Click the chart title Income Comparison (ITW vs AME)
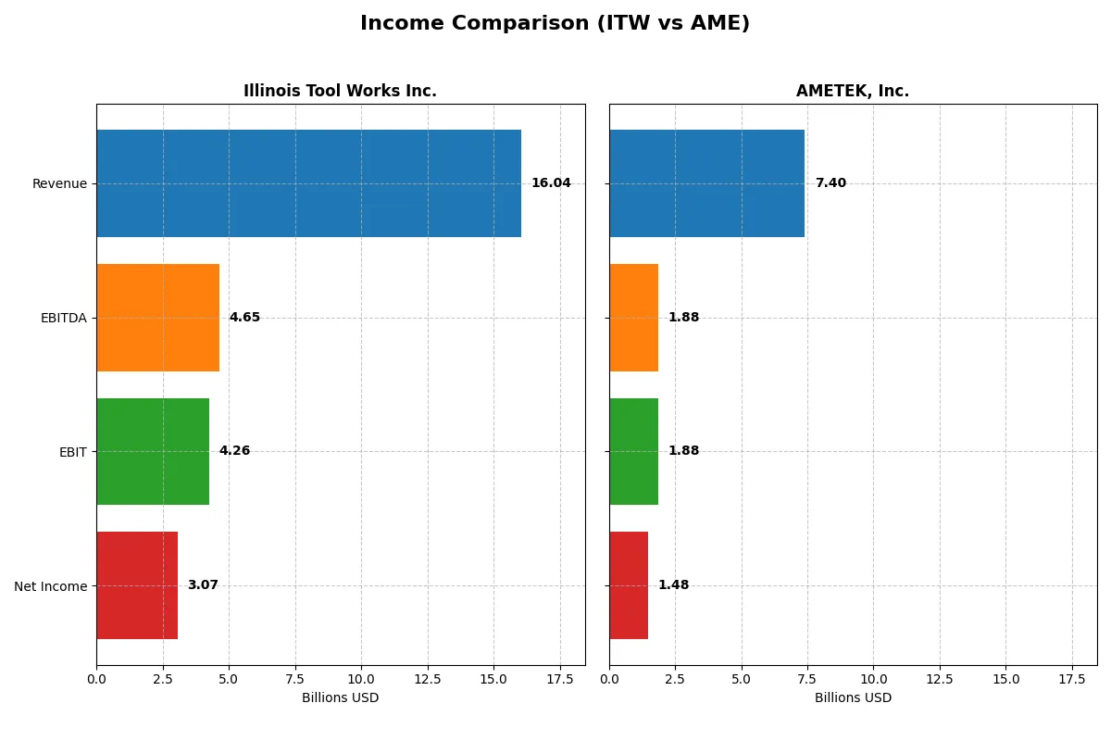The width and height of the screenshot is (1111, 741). pyautogui.click(x=555, y=23)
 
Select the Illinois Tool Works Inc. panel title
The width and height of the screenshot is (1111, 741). pyautogui.click(x=340, y=91)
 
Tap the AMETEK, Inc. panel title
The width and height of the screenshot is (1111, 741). pyautogui.click(x=852, y=91)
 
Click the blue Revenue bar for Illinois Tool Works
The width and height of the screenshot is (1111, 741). pyautogui.click(x=308, y=183)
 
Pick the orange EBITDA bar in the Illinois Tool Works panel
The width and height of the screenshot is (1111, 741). pyautogui.click(x=157, y=318)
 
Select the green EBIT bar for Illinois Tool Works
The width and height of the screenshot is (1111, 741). pyautogui.click(x=153, y=451)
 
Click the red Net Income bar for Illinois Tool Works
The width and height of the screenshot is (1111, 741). pyautogui.click(x=137, y=585)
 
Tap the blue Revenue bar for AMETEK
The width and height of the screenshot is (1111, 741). pyautogui.click(x=706, y=183)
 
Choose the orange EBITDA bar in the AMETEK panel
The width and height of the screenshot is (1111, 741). pyautogui.click(x=633, y=318)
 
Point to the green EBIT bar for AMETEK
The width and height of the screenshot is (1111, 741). pyautogui.click(x=633, y=451)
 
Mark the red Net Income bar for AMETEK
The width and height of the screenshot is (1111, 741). pyautogui.click(x=629, y=585)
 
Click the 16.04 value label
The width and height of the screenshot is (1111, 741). pyautogui.click(x=551, y=183)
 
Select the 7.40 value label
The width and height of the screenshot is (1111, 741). pyautogui.click(x=830, y=183)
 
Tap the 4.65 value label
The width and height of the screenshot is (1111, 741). pyautogui.click(x=244, y=318)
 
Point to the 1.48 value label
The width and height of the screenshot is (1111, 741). pyautogui.click(x=673, y=585)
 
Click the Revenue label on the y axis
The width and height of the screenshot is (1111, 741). pyautogui.click(x=59, y=183)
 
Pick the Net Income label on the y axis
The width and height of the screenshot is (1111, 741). pyautogui.click(x=51, y=586)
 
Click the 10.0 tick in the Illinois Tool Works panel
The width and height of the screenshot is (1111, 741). pyautogui.click(x=361, y=679)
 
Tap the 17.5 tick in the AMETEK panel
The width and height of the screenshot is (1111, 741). pyautogui.click(x=1072, y=679)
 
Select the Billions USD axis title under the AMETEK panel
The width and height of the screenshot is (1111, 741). pyautogui.click(x=853, y=698)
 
